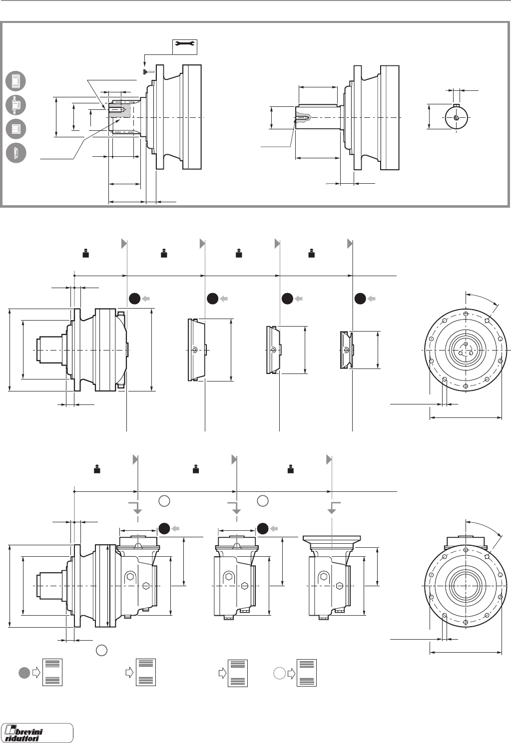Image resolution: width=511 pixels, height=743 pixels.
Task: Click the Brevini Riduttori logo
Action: coord(37,733)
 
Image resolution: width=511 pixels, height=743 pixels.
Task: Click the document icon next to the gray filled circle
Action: coord(52,672)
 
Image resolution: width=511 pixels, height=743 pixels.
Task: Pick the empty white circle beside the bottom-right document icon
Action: coord(279,673)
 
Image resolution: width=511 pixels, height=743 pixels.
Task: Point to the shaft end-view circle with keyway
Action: coord(457,118)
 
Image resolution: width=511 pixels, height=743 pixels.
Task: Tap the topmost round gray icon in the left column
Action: coord(16,81)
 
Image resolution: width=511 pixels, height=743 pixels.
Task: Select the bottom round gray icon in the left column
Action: coord(16,153)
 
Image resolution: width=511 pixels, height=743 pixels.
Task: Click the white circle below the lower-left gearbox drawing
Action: coord(101,650)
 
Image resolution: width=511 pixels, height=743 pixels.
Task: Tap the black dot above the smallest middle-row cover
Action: coord(360,299)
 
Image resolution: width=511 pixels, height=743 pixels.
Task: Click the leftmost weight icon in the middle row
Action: coord(86,254)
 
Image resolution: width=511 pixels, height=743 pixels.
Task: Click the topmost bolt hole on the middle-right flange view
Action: coord(466,314)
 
